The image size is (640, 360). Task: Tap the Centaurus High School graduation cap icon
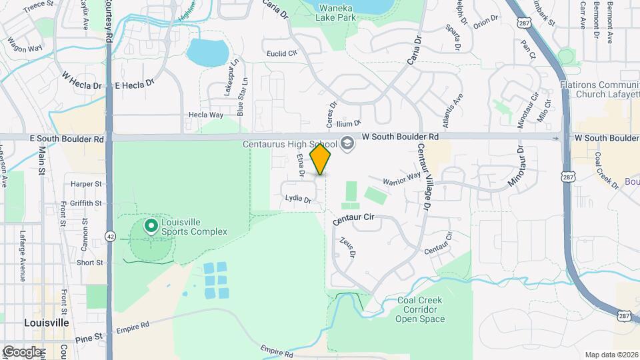coord(347,143)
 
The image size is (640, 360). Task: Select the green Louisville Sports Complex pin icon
coord(151,227)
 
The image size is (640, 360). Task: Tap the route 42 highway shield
coord(109,236)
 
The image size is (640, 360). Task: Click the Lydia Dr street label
coord(298,199)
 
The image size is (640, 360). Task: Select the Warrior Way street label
coord(402,179)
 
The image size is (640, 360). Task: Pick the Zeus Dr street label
coord(348,247)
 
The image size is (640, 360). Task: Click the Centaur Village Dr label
coord(422,177)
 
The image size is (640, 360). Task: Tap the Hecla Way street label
coord(205,115)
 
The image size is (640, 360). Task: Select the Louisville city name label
coord(46,322)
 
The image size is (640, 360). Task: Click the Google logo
coord(22,351)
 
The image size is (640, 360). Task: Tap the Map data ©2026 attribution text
coord(611,355)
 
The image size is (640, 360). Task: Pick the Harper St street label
coord(86,183)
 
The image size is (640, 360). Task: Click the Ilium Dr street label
coord(348,123)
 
